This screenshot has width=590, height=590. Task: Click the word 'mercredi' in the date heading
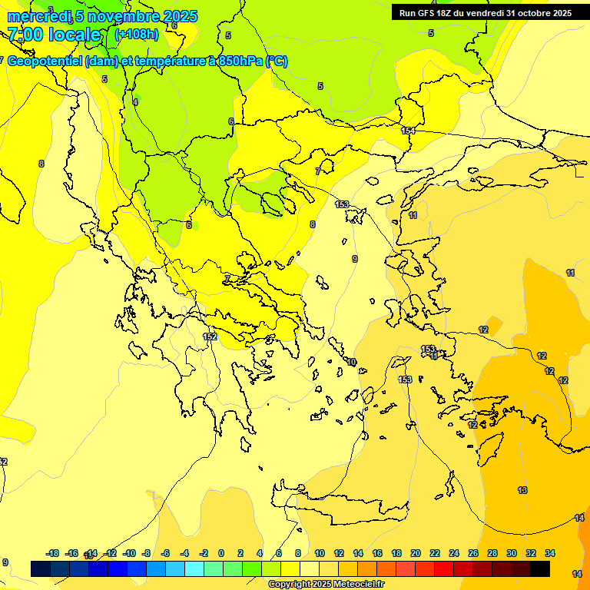coord(38,16)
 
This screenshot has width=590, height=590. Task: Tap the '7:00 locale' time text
coord(55,35)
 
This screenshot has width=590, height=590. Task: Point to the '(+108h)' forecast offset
coord(137,34)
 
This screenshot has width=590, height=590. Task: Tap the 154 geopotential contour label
coord(408,131)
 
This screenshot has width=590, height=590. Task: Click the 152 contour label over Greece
coord(210,336)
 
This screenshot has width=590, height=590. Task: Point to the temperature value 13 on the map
coord(522,490)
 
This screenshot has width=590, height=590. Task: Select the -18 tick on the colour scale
coord(53,553)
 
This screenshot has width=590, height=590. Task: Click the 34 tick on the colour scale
coord(550,553)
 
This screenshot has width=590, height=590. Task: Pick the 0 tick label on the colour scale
coord(221,553)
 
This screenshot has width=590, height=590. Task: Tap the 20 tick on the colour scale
coord(416,553)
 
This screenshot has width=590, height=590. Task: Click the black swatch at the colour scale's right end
coord(540,569)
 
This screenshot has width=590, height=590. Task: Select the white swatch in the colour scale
coord(310,569)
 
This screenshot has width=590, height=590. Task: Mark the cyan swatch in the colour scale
coord(194,569)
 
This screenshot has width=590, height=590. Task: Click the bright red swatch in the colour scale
coord(444,569)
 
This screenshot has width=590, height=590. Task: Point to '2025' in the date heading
coord(180,16)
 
